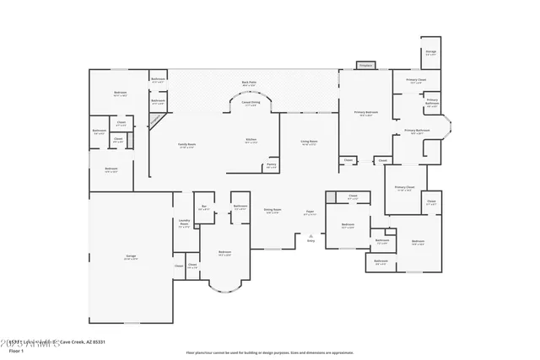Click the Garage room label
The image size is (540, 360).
(x=130, y=257)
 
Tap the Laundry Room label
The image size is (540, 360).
(x=184, y=223)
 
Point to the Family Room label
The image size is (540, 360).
(x=186, y=145)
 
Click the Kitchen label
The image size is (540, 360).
(x=251, y=141)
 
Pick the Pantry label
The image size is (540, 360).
(x=271, y=166)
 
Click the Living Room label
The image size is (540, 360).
(x=310, y=142)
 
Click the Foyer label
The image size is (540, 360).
(x=310, y=212)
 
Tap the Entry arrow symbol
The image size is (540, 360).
(x=310, y=235)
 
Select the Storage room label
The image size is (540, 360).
(x=430, y=52)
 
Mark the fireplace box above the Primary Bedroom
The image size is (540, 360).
(x=365, y=65)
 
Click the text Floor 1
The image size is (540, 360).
(x=28, y=350)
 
